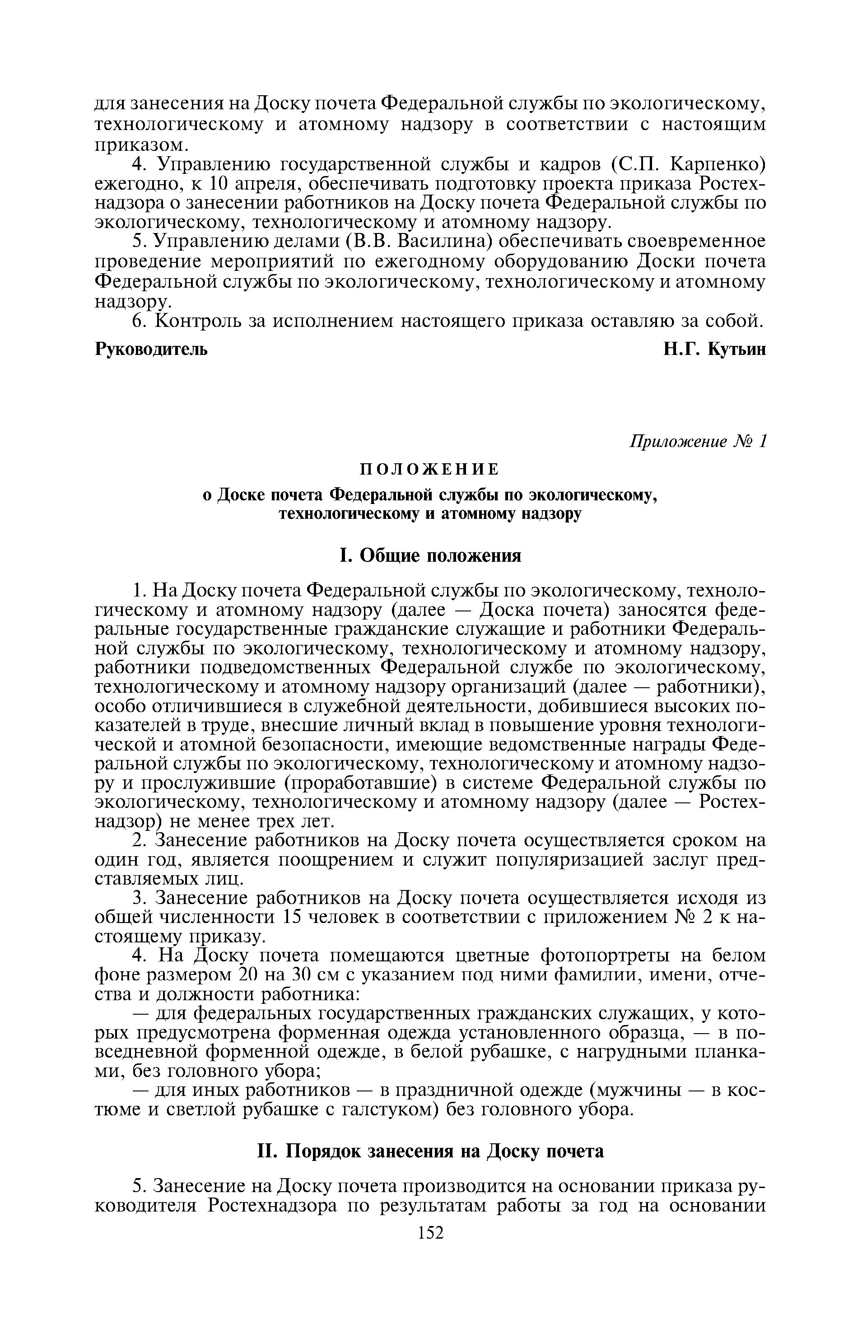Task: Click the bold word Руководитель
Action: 152,350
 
